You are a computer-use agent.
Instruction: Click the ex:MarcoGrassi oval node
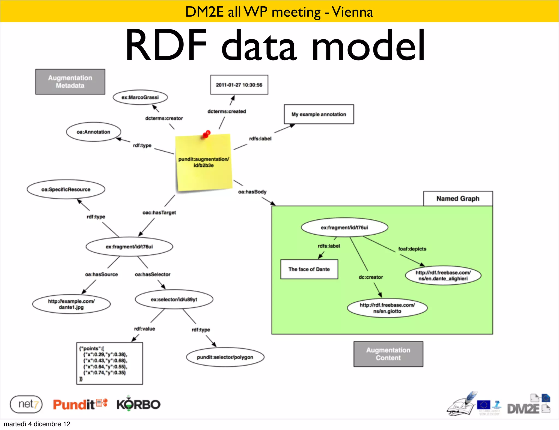(140, 97)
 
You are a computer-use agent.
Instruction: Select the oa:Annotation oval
(93, 132)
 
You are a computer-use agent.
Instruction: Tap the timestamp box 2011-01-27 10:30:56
(239, 85)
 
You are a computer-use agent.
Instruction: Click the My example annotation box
(319, 114)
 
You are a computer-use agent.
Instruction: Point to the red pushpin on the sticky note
(206, 134)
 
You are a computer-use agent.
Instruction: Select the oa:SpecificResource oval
(66, 189)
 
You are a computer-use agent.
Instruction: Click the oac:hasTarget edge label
(159, 213)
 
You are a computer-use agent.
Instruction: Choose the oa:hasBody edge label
(252, 192)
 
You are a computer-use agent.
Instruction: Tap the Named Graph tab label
(458, 199)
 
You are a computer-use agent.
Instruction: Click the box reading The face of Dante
(309, 269)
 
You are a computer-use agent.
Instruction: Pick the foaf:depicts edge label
(412, 249)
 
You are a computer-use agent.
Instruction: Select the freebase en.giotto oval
(387, 308)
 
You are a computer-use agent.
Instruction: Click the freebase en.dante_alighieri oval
(443, 276)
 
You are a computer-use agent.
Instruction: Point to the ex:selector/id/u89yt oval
(174, 300)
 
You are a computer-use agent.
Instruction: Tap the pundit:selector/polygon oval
(225, 357)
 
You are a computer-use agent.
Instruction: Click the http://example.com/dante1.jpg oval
(71, 304)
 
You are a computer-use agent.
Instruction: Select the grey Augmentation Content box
(388, 354)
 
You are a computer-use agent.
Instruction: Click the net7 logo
(26, 404)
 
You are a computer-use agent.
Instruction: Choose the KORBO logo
(138, 404)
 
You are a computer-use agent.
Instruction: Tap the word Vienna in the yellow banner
(352, 12)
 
